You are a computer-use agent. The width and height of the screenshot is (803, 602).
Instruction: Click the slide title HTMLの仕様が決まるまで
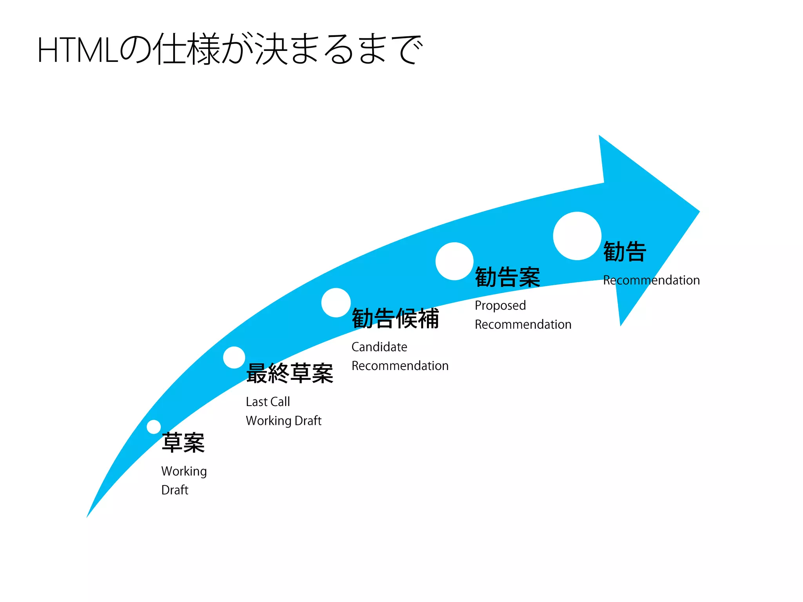pyautogui.click(x=230, y=49)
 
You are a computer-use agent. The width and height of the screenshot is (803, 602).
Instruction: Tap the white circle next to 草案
pyautogui.click(x=154, y=427)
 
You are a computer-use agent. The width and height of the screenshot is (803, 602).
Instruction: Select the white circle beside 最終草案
pyautogui.click(x=234, y=357)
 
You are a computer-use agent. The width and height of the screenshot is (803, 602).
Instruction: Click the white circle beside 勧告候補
pyautogui.click(x=336, y=303)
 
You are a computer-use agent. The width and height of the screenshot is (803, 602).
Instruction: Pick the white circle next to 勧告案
pyautogui.click(x=454, y=261)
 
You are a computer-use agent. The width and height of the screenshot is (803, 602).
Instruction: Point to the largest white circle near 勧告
pyautogui.click(x=577, y=236)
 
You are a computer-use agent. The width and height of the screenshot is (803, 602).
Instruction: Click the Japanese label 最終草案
pyautogui.click(x=290, y=374)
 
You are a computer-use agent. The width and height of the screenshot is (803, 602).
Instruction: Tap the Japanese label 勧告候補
pyautogui.click(x=395, y=318)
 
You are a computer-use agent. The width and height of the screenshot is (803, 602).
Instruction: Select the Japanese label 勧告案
pyautogui.click(x=507, y=277)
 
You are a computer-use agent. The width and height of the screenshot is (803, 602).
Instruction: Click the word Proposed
pyautogui.click(x=500, y=305)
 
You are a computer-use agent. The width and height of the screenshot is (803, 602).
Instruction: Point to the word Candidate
pyautogui.click(x=379, y=347)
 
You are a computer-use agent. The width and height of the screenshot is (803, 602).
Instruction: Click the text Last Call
pyautogui.click(x=268, y=402)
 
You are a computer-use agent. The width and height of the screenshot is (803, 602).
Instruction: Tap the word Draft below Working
pyautogui.click(x=175, y=490)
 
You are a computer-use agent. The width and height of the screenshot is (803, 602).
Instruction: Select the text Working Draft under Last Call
pyautogui.click(x=283, y=421)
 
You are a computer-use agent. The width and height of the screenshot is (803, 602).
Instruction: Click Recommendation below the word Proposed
pyautogui.click(x=523, y=325)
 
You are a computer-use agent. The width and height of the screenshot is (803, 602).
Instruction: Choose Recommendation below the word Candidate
pyautogui.click(x=400, y=366)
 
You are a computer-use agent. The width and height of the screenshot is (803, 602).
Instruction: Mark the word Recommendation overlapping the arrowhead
pyautogui.click(x=651, y=280)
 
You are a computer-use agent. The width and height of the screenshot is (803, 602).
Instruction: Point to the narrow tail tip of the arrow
pyautogui.click(x=87, y=516)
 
